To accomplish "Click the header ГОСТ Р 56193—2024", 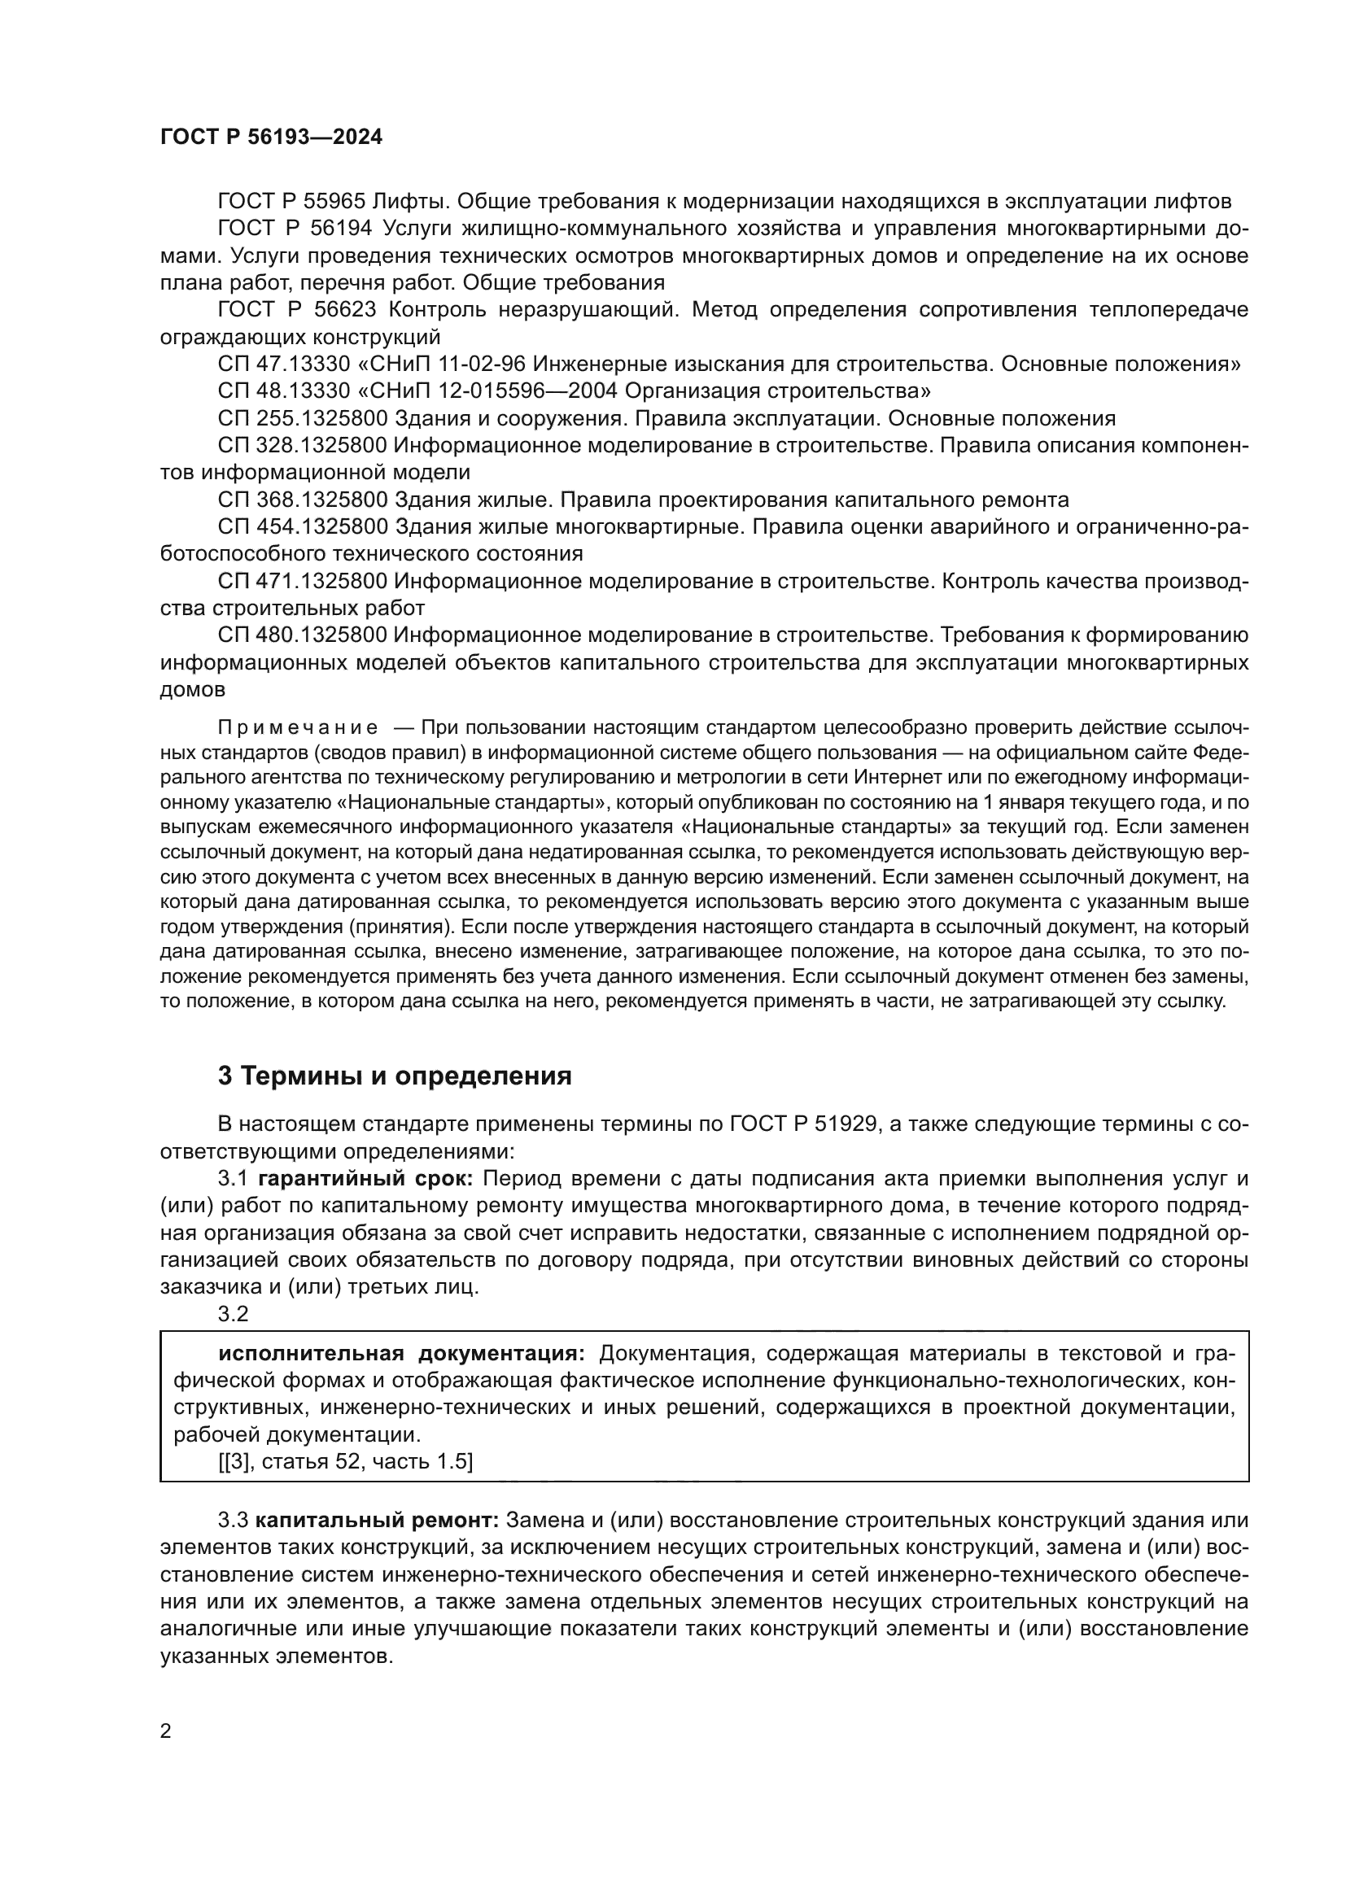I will coord(271,137).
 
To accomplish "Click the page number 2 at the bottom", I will coord(166,1731).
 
